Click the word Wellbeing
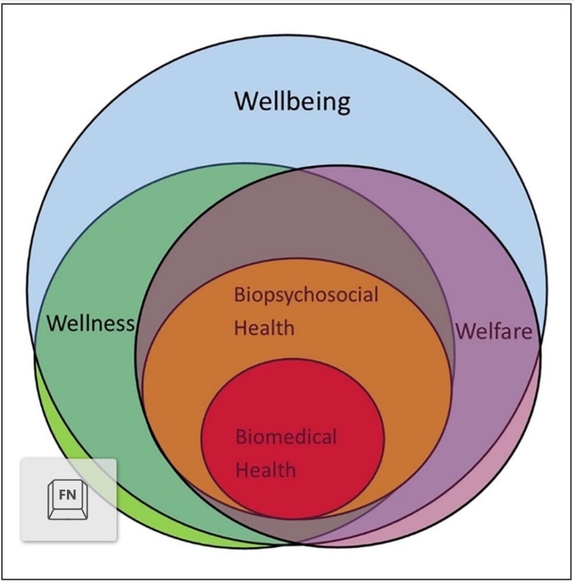coord(292,102)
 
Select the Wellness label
coord(90,323)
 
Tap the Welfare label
coord(494,331)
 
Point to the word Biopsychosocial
coord(306,296)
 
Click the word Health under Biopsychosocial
coord(265,327)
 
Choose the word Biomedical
coord(286,437)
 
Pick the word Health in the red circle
coord(266,470)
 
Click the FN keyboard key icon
coord(68,498)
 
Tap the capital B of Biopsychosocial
coord(240,296)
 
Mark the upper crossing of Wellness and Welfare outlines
coord(295,169)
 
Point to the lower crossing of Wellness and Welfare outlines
coord(295,543)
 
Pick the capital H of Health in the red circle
coord(243,470)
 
